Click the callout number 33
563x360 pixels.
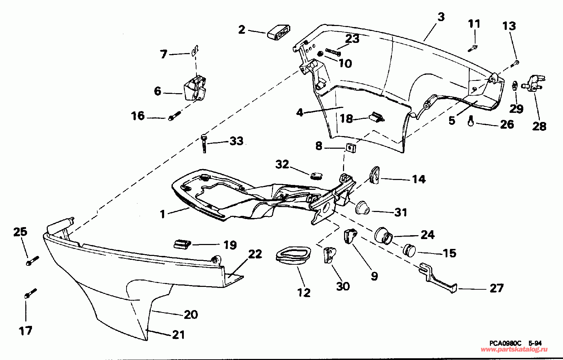(x=236, y=141)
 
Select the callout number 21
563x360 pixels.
(x=178, y=335)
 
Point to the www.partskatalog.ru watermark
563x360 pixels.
(x=514, y=349)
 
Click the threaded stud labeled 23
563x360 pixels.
(x=333, y=52)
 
